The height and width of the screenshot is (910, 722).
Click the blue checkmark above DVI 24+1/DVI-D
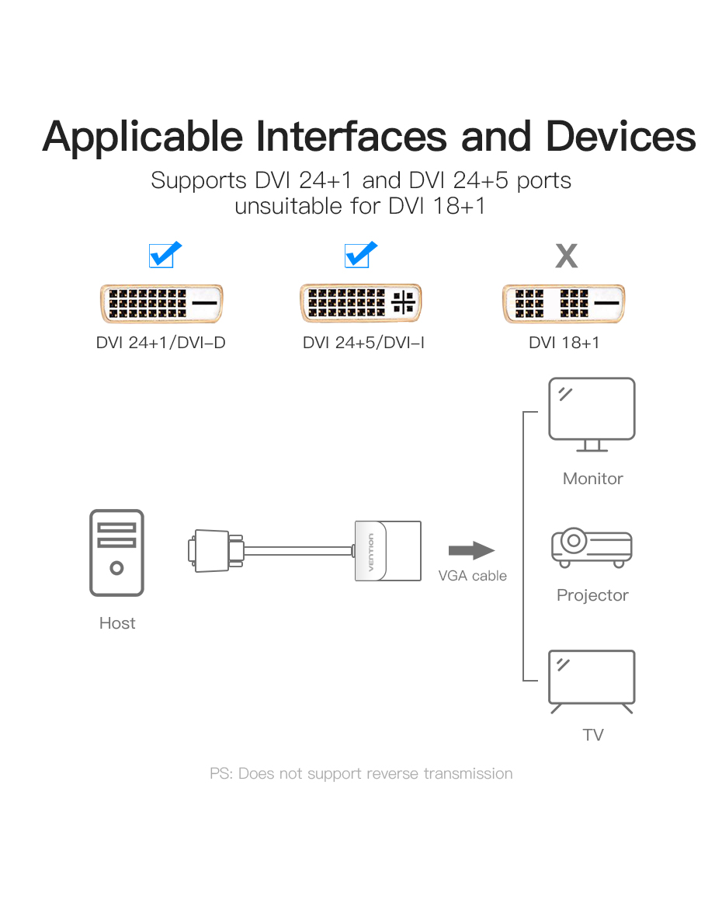(164, 254)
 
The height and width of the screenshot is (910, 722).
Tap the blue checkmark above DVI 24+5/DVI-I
(359, 254)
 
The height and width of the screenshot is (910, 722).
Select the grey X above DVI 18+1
(567, 256)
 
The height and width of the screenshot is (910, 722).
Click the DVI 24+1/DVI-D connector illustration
(161, 304)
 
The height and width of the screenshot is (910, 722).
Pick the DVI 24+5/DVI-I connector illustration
(361, 304)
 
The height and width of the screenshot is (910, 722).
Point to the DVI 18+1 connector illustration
(564, 304)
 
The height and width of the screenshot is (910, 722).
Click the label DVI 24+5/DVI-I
(363, 342)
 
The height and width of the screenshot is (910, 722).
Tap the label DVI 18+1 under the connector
(564, 342)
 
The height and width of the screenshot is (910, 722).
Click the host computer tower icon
(116, 553)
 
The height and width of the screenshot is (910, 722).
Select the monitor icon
(592, 414)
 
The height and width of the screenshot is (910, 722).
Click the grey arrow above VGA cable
(471, 551)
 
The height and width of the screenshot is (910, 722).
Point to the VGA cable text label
(472, 576)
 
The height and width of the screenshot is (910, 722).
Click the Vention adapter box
(387, 551)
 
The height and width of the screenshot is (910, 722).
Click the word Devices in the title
(620, 136)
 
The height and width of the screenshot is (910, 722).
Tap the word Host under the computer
(117, 623)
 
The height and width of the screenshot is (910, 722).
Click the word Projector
(592, 595)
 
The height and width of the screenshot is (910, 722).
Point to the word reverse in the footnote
(393, 774)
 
